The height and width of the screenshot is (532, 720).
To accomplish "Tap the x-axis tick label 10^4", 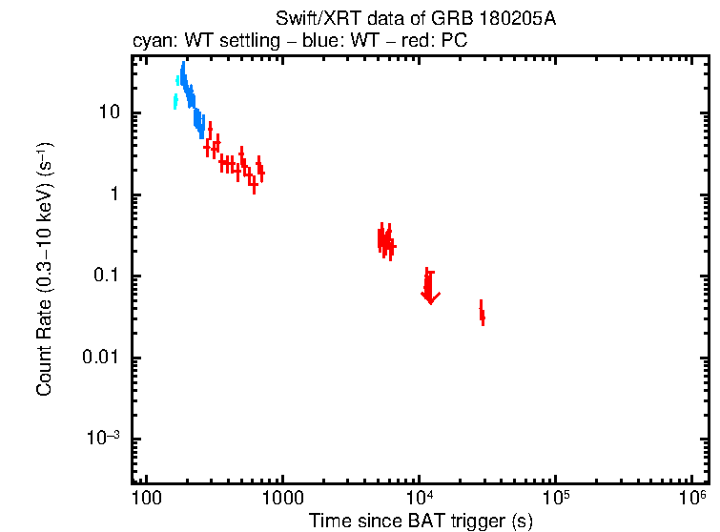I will tap(420, 500).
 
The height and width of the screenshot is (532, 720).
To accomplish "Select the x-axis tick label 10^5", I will tap(556, 500).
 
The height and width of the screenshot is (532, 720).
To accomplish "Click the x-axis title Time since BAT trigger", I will tap(421, 521).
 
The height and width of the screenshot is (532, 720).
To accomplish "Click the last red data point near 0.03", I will tap(483, 315).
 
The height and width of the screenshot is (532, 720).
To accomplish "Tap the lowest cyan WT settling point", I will tap(175, 101).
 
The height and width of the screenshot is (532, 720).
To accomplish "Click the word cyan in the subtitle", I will tap(149, 42).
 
